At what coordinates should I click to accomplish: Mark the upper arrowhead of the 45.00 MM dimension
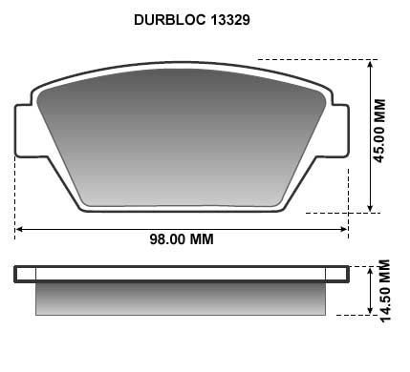[370, 65]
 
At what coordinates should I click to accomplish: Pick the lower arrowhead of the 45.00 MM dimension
[370, 206]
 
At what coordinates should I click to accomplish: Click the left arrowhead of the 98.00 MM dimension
[20, 229]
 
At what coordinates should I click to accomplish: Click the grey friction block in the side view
[182, 300]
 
